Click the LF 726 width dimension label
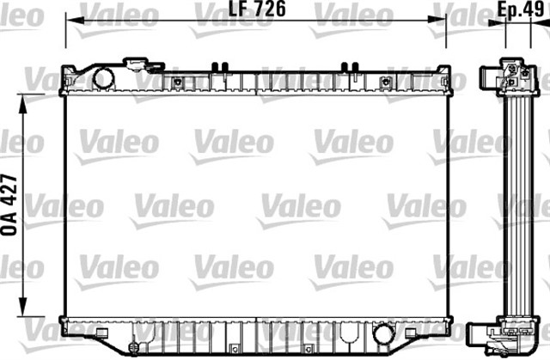[256, 10]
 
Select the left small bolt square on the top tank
[178, 82]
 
